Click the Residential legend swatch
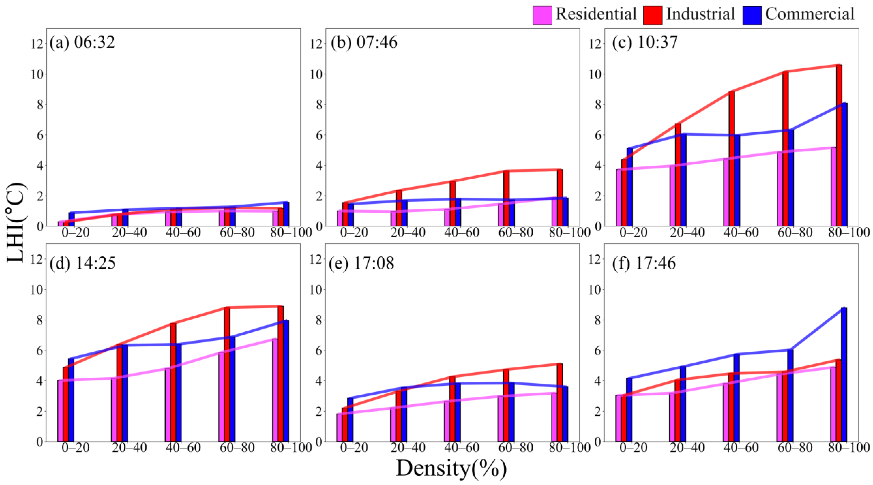tap(542, 15)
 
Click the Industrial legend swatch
tap(652, 15)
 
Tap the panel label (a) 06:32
tap(82, 43)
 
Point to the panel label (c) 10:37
tap(645, 43)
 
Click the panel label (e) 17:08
tap(361, 263)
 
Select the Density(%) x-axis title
tap(451, 469)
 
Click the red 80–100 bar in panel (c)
tap(839, 146)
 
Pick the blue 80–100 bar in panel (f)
tap(844, 374)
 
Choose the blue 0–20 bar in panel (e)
tap(350, 420)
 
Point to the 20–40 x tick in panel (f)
tap(687, 448)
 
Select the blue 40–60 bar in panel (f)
tap(736, 398)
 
